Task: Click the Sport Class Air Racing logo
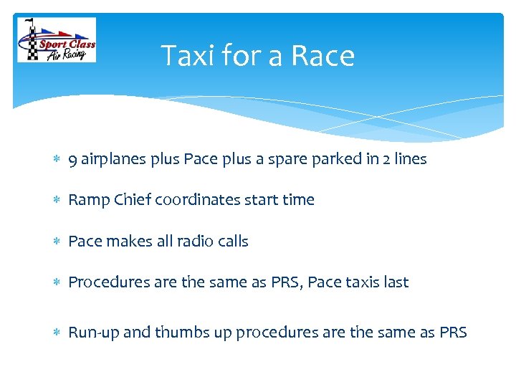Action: (x=57, y=40)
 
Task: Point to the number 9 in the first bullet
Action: (x=72, y=160)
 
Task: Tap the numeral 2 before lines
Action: (x=382, y=160)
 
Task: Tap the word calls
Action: (x=231, y=242)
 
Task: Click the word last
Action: (x=396, y=282)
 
